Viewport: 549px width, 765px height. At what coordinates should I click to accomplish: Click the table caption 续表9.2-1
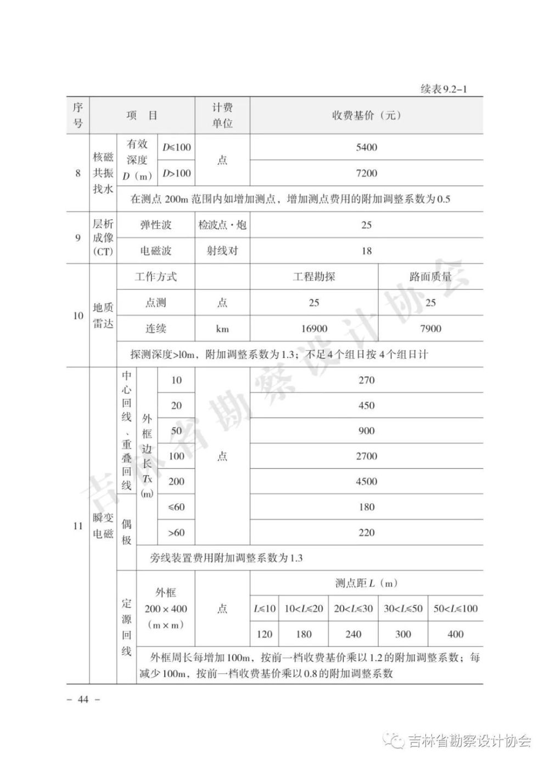pos(443,89)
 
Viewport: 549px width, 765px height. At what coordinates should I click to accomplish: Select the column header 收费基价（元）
pos(366,115)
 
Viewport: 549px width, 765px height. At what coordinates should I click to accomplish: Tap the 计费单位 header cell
pos(222,115)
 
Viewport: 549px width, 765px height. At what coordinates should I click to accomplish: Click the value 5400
pos(366,147)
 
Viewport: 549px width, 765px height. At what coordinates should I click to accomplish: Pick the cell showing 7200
pos(366,173)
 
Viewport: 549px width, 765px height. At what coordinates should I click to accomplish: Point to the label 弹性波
pos(156,225)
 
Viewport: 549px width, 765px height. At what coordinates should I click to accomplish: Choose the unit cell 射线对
pos(222,251)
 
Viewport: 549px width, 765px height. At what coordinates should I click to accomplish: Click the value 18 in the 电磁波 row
pos(366,251)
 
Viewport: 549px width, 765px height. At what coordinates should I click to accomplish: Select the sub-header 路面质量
pos(430,277)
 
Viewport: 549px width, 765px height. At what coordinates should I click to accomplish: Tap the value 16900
pos(314,328)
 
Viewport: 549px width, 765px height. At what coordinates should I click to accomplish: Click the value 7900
pos(430,328)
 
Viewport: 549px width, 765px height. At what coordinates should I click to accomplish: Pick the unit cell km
pos(222,328)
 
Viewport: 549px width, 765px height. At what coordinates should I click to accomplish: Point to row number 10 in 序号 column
pos(78,316)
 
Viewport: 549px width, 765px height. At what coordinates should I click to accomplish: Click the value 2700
pos(366,456)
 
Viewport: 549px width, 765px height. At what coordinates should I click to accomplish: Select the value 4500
pos(366,481)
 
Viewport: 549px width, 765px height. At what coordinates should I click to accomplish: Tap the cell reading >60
pos(176,532)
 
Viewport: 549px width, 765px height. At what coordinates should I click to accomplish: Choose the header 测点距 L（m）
pos(366,583)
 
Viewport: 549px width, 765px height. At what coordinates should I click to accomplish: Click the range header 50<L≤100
pos(456,608)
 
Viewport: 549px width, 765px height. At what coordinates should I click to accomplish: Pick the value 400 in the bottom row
pos(456,634)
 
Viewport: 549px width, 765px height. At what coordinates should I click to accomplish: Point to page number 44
pos(83,699)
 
